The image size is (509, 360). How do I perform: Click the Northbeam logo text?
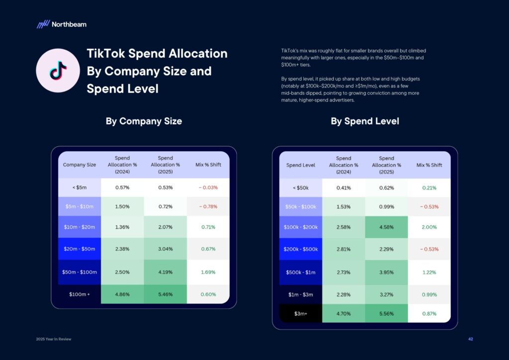tap(69, 24)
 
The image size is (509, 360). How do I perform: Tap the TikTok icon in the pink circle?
tap(58, 71)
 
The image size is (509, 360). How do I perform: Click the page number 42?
tap(470, 339)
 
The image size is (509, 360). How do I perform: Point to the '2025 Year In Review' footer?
tap(54, 339)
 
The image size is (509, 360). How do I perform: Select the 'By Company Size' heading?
tap(144, 121)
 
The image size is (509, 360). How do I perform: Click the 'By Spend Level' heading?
tap(365, 121)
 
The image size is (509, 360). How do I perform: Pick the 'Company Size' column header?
tap(80, 165)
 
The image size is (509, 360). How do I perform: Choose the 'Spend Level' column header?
tap(301, 165)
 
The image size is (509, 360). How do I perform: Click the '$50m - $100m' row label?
tap(80, 272)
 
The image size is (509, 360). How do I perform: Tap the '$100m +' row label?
tap(80, 294)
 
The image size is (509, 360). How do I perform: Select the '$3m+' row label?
tap(301, 314)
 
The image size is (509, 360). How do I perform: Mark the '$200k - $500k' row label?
tap(301, 249)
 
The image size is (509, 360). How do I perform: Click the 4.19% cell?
tap(165, 272)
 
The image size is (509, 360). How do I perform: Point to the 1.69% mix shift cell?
tap(208, 272)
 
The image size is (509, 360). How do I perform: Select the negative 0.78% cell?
tap(208, 206)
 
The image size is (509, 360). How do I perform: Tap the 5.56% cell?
tap(386, 314)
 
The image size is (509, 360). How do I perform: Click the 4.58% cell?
tap(386, 227)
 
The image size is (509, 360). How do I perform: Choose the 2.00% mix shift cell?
tap(429, 227)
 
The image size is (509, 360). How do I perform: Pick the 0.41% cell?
tap(343, 188)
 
